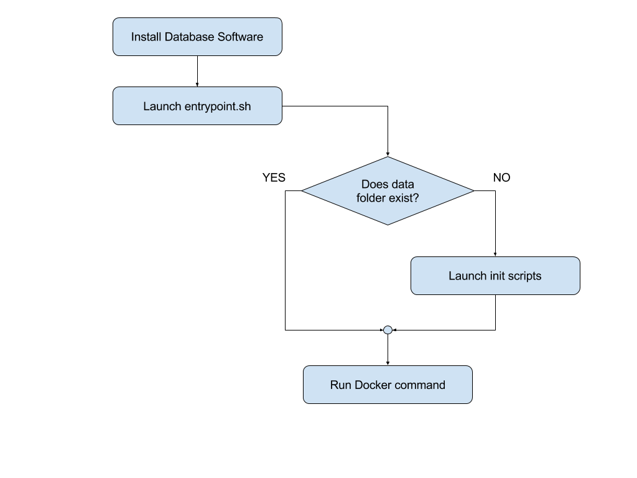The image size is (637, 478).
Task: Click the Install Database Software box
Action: pos(197,37)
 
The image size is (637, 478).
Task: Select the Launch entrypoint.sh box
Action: pos(197,106)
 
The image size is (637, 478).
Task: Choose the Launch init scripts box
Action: pos(495,276)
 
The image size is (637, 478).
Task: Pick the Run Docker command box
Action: pos(388,385)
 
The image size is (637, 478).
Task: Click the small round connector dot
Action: pos(388,330)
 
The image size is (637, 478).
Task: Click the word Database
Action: pos(190,37)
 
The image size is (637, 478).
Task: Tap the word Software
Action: pos(240,37)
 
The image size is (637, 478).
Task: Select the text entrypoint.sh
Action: pos(218,106)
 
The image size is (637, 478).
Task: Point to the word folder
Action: pos(373,198)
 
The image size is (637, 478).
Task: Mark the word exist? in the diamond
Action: pos(406,198)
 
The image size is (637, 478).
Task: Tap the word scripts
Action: pos(524,276)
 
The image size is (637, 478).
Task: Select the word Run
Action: pos(341,385)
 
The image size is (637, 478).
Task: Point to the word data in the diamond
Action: pos(402,184)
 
